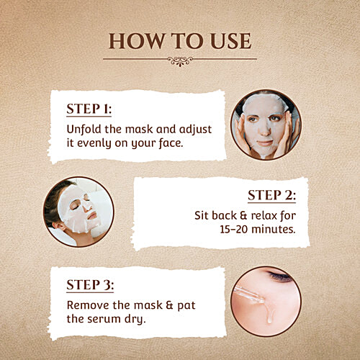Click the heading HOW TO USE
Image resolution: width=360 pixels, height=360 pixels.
pos(179,40)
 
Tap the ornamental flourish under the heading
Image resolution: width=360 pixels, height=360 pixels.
pos(179,61)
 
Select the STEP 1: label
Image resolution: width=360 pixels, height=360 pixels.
pos(89,109)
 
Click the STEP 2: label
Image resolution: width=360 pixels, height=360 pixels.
pos(271,196)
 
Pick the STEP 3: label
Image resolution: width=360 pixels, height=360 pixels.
pos(89,284)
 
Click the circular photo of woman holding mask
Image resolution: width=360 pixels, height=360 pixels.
pos(265,124)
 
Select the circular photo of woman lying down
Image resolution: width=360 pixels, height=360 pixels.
pos(78,212)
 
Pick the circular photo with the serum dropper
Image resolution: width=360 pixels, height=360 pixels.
pos(265,301)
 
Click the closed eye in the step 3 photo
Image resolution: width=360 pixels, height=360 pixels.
pos(279,276)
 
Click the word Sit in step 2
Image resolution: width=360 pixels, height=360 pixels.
pos(203,215)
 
